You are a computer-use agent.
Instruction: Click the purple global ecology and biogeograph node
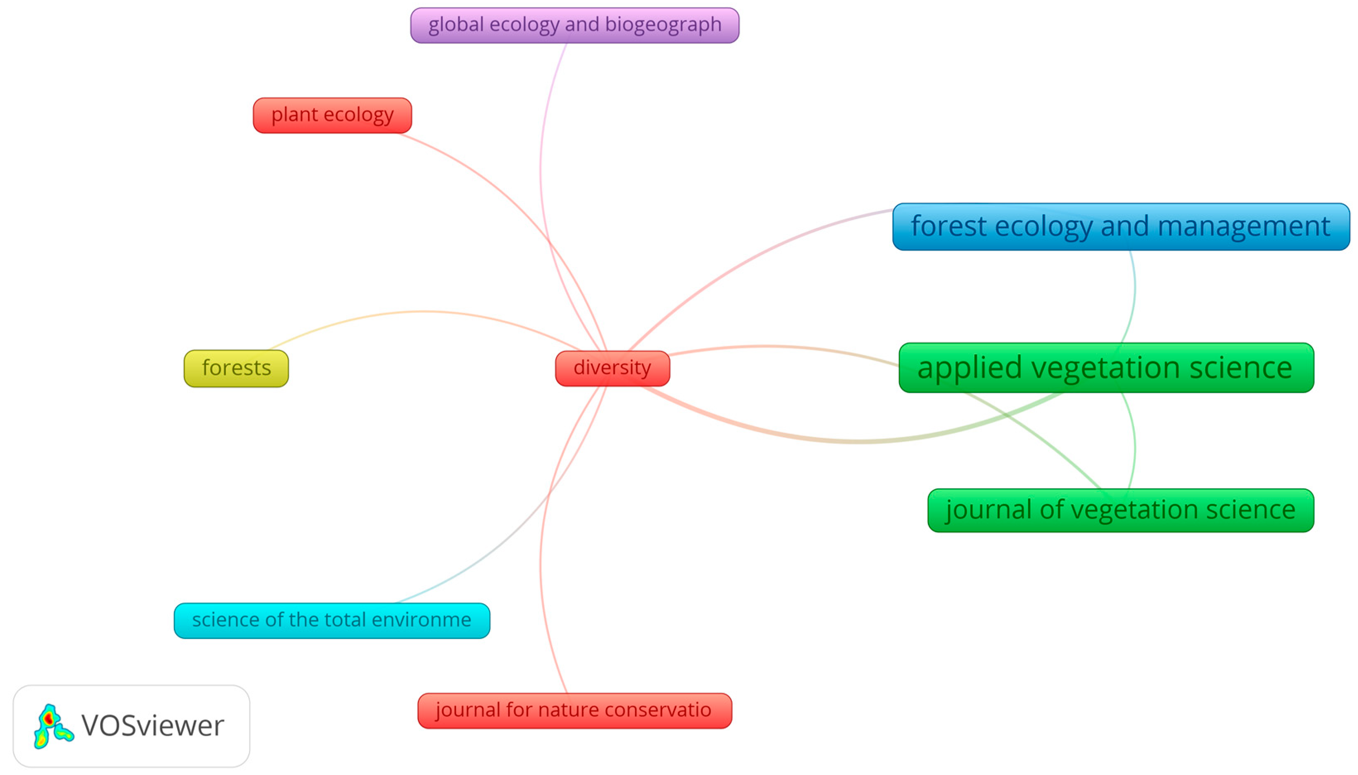coord(574,25)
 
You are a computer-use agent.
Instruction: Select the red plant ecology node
coord(332,115)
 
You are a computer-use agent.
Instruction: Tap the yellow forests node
coord(236,368)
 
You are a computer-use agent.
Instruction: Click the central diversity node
coord(612,368)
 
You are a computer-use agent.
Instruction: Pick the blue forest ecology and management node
coord(1120,227)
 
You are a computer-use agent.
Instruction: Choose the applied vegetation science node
coord(1106,368)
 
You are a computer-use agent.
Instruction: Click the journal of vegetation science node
coord(1120,510)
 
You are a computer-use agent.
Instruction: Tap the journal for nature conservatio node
coord(574,710)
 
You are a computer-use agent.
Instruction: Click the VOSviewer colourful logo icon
coord(52,726)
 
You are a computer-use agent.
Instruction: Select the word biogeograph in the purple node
coord(663,25)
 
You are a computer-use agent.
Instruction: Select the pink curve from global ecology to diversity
coord(541,160)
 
